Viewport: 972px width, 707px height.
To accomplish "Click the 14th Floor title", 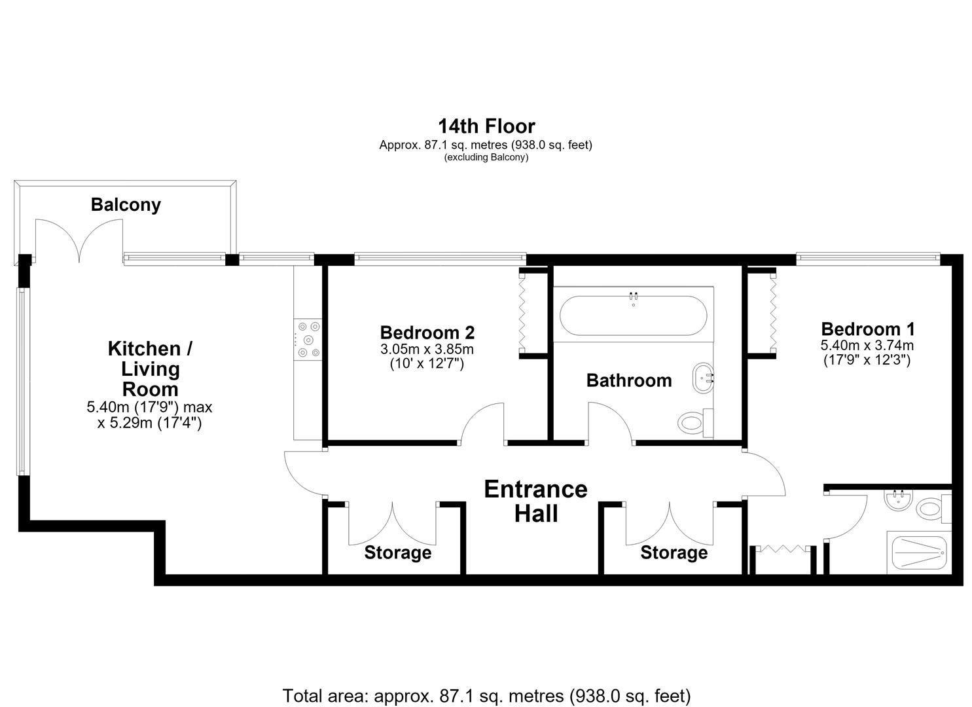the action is [486, 126].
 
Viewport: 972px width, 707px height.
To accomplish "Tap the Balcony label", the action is [126, 204].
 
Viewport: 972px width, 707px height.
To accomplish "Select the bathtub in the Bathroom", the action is [634, 315].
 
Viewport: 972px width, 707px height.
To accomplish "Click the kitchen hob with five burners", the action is [308, 339].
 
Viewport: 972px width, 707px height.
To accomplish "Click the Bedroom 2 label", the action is [427, 333].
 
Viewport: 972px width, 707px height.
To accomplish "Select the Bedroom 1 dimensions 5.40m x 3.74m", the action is [867, 346].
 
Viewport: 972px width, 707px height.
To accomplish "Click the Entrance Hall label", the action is [536, 501].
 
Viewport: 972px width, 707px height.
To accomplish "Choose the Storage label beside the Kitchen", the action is [398, 553].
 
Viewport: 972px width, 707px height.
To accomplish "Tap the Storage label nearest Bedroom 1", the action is [674, 553].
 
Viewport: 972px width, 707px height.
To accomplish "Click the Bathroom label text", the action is [629, 380].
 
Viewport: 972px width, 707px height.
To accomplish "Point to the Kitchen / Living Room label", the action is [150, 369].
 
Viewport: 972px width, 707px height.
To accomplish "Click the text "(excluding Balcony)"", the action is [486, 157].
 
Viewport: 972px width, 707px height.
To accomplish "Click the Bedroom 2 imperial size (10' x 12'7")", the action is [427, 364].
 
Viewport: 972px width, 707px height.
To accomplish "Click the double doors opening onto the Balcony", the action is [79, 242].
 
